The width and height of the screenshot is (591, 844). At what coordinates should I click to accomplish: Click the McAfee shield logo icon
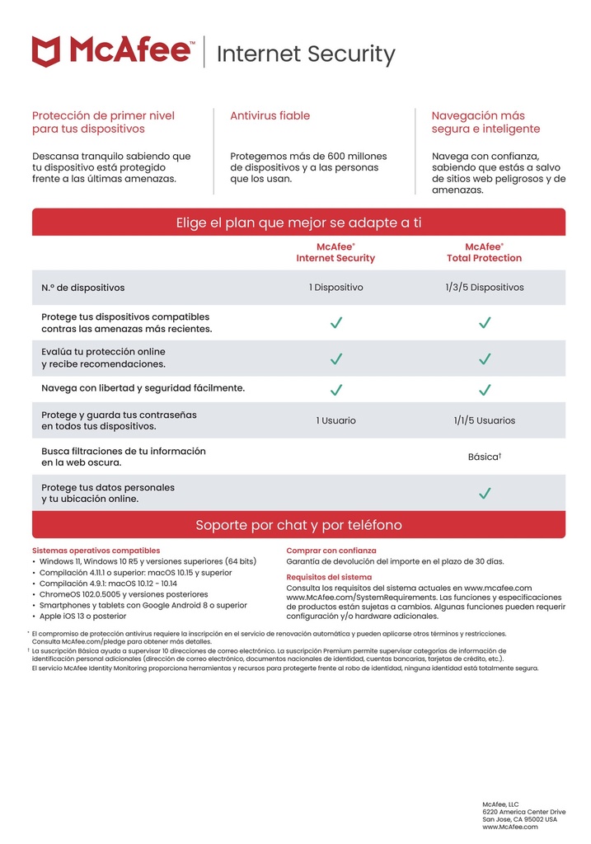[x=46, y=51]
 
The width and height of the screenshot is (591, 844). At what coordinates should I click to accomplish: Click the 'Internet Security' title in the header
[x=305, y=54]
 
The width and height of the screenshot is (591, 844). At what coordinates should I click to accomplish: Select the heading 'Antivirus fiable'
[x=270, y=116]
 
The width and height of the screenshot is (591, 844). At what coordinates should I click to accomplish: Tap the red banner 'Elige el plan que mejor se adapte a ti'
[x=298, y=223]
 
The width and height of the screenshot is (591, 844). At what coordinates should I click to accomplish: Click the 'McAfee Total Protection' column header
[x=484, y=252]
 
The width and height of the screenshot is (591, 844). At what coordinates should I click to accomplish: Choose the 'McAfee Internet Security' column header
[x=335, y=252]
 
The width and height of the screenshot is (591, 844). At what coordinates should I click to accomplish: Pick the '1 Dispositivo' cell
[x=335, y=288]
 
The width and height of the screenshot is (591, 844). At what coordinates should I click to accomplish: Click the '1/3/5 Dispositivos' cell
[x=484, y=288]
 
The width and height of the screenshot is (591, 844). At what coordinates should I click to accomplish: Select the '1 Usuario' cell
[x=335, y=420]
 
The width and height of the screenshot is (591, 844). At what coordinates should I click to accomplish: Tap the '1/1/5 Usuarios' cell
[x=484, y=420]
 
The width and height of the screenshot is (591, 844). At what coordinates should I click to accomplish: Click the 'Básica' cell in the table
[x=484, y=457]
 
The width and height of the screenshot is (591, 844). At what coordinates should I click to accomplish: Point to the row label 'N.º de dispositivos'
[x=83, y=288]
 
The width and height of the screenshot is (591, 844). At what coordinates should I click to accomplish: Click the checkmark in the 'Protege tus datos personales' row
[x=485, y=493]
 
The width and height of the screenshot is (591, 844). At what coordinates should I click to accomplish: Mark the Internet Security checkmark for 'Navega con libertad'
[x=335, y=389]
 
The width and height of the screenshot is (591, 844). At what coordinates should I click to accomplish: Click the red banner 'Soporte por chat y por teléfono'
[x=298, y=525]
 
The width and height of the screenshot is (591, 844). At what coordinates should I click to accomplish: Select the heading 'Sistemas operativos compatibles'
[x=96, y=551]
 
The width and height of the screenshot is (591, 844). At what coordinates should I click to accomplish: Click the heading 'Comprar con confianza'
[x=331, y=551]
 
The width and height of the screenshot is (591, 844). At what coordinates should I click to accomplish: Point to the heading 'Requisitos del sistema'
[x=329, y=577]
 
